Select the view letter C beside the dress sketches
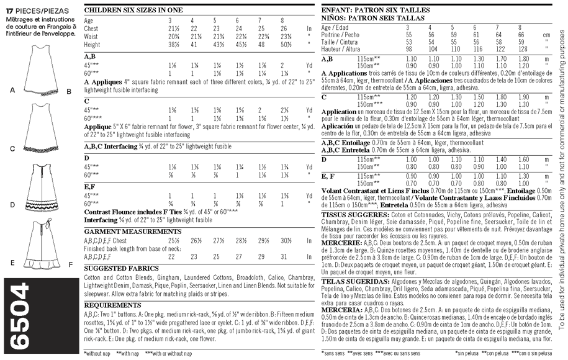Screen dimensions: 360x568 point(12,149)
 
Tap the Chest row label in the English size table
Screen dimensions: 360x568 point(91,29)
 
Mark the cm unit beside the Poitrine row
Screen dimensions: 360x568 point(546,35)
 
